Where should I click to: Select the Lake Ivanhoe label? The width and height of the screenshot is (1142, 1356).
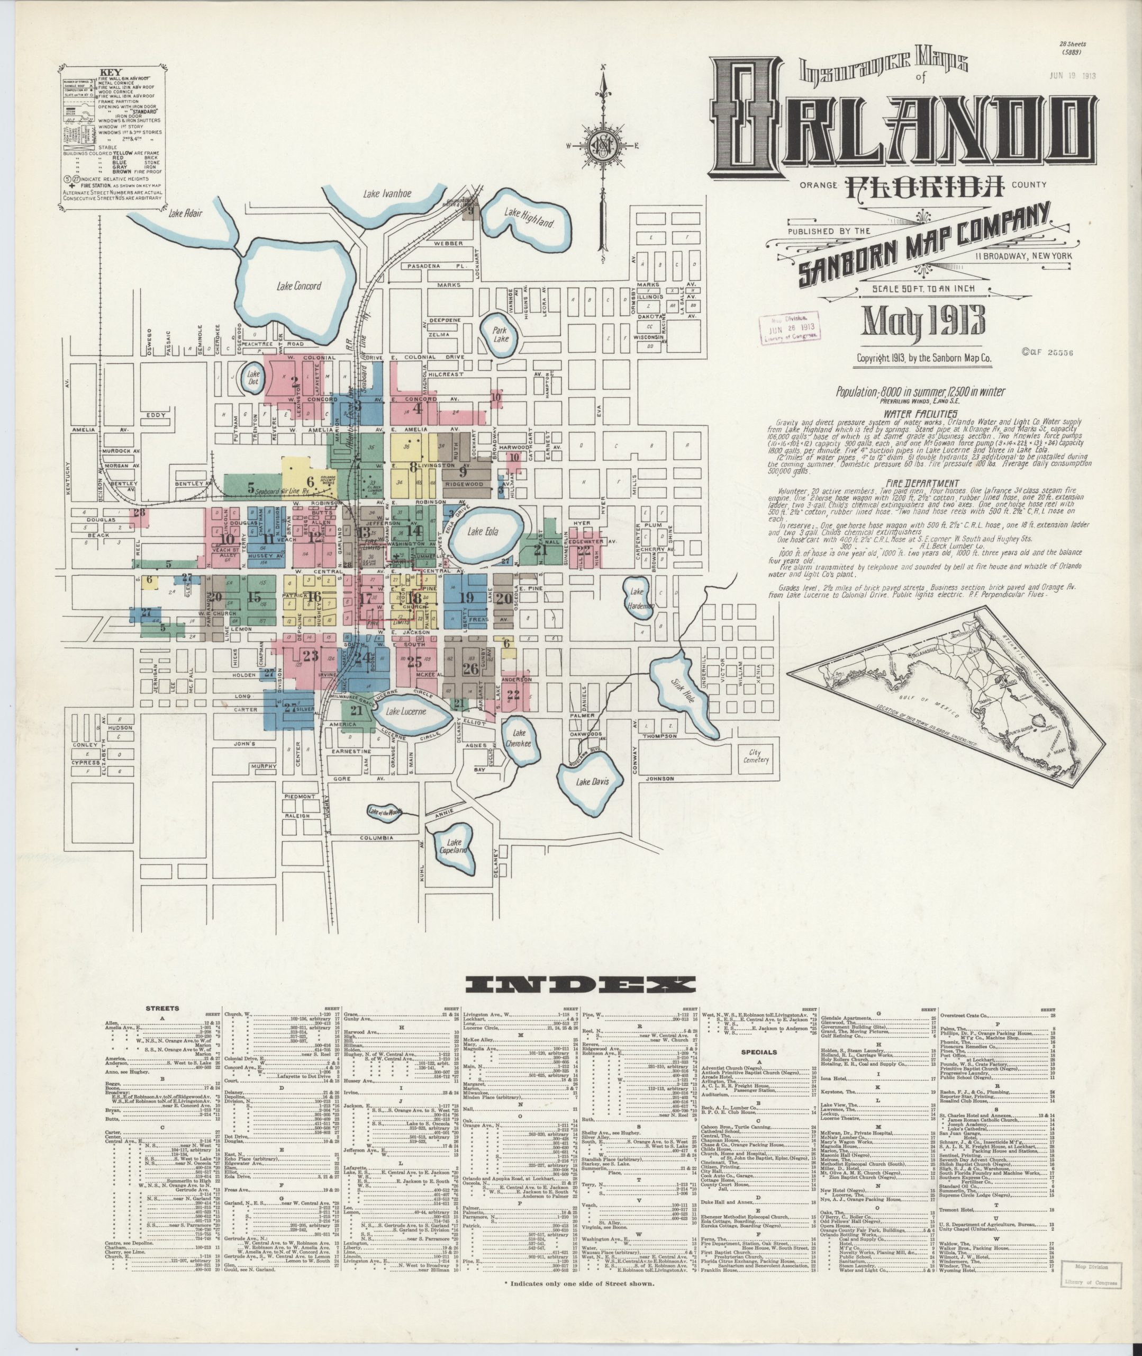pyautogui.click(x=388, y=194)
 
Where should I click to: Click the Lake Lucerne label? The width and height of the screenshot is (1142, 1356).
pyautogui.click(x=406, y=711)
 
